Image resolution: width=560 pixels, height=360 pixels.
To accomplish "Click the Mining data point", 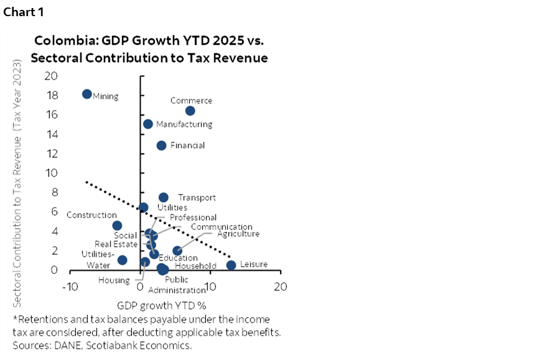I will click(x=87, y=95).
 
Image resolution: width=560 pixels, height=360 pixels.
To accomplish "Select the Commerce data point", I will click(x=190, y=111).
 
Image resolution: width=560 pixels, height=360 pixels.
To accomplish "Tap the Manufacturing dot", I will click(x=148, y=124).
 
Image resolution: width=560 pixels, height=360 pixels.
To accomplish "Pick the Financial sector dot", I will click(x=161, y=145).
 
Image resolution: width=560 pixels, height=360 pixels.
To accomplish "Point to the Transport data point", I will click(x=163, y=198).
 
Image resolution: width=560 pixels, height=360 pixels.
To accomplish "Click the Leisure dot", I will click(x=231, y=265).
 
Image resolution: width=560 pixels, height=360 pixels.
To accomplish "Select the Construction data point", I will click(x=117, y=226).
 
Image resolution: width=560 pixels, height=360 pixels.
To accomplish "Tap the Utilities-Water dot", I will click(x=123, y=260).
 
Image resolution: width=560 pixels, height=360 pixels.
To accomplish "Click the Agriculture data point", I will click(x=177, y=251).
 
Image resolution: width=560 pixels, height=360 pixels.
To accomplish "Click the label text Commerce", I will click(x=191, y=101).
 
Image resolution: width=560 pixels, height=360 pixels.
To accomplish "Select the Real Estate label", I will click(x=116, y=244).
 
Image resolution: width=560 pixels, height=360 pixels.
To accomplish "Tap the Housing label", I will click(x=114, y=280).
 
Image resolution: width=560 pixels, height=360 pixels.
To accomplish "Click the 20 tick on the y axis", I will click(x=51, y=76).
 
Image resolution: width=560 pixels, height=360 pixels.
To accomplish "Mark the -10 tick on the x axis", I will click(x=68, y=287).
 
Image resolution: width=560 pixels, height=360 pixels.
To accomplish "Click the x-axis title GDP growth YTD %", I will click(x=161, y=305).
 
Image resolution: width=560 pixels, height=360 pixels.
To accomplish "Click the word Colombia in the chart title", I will click(x=63, y=42).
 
